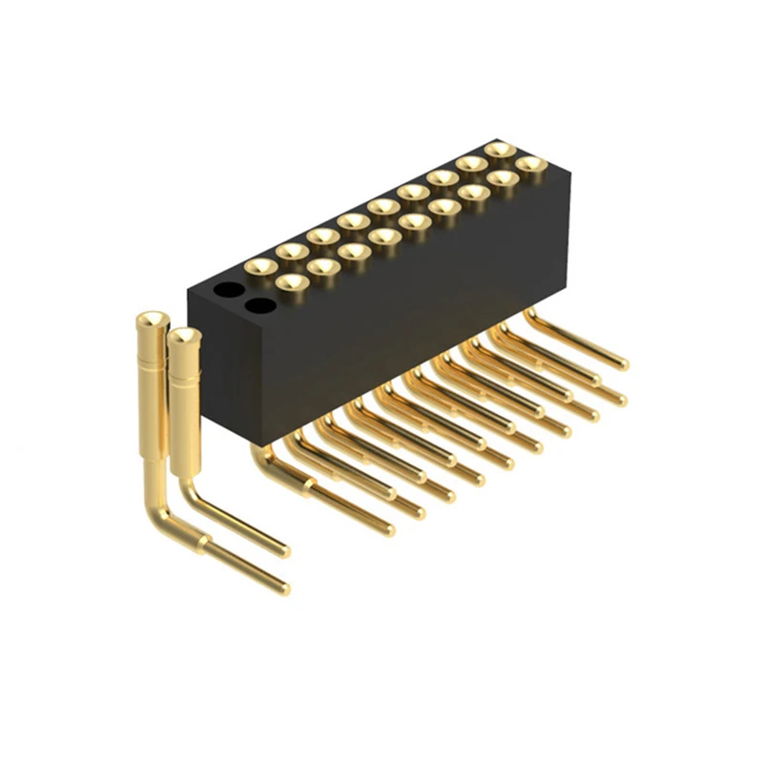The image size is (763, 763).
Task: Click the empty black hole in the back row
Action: click(x=227, y=289)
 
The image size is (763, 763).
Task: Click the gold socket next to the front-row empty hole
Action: click(x=291, y=282)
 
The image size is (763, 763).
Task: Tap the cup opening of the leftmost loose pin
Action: click(x=152, y=319)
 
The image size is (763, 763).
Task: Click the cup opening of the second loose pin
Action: click(x=184, y=336)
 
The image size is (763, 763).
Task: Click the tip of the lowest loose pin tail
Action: click(x=283, y=588)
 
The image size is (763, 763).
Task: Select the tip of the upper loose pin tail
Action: click(x=284, y=550)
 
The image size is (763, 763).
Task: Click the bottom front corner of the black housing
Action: click(x=250, y=443)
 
